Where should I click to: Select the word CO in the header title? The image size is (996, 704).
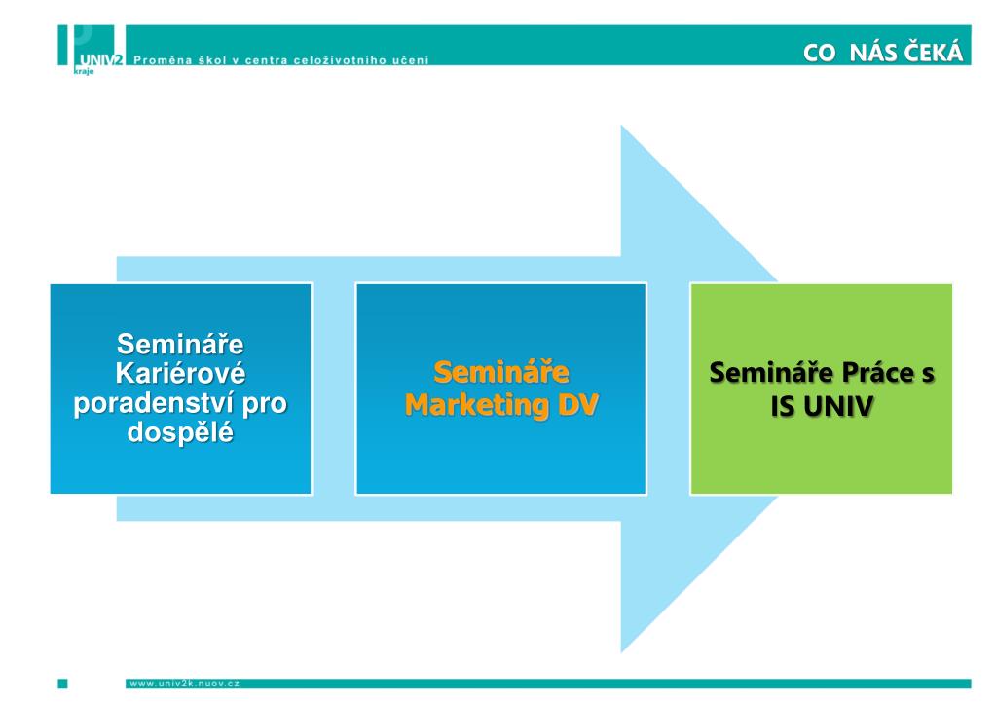[820, 53]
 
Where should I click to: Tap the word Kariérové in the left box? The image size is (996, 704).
[180, 373]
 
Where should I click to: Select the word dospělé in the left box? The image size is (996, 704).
[180, 432]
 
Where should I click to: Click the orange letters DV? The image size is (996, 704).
[578, 405]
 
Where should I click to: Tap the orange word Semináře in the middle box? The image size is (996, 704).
[501, 372]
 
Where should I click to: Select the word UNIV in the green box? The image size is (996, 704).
[838, 407]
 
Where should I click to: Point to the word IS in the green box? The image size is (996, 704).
[783, 407]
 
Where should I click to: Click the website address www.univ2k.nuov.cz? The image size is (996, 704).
[184, 684]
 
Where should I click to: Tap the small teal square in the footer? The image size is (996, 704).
[63, 684]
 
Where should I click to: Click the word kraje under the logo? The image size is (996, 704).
[84, 71]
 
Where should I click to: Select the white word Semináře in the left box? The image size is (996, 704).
[180, 344]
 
